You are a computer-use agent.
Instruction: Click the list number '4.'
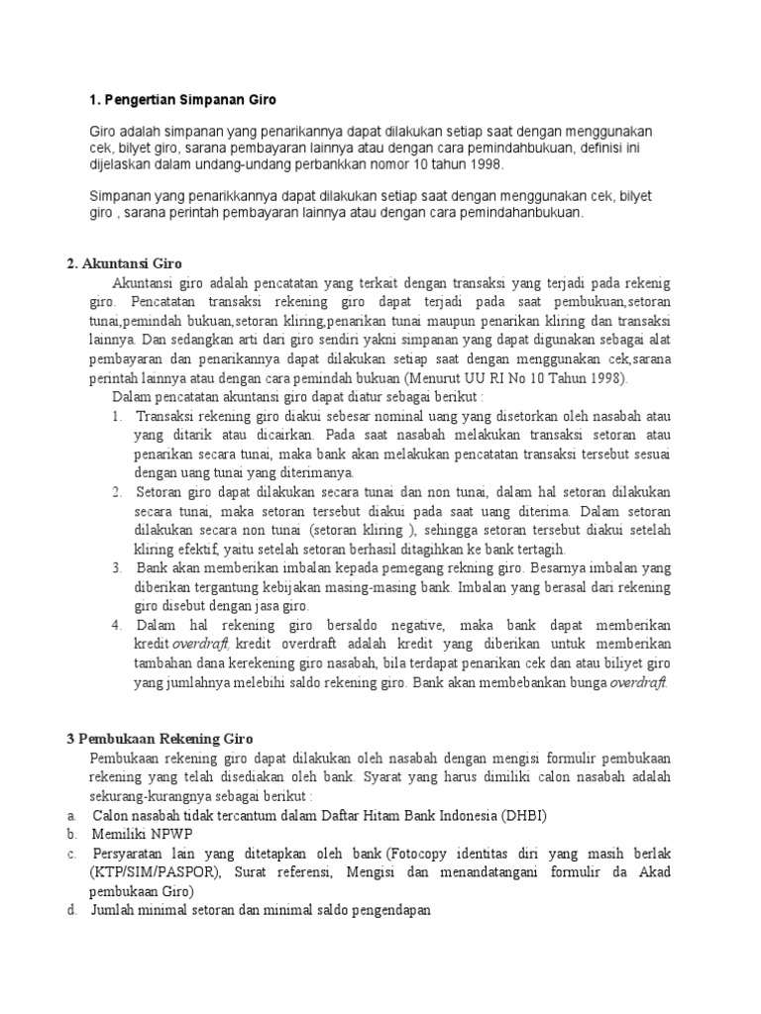click(x=116, y=626)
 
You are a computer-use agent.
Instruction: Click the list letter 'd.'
click(x=72, y=911)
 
